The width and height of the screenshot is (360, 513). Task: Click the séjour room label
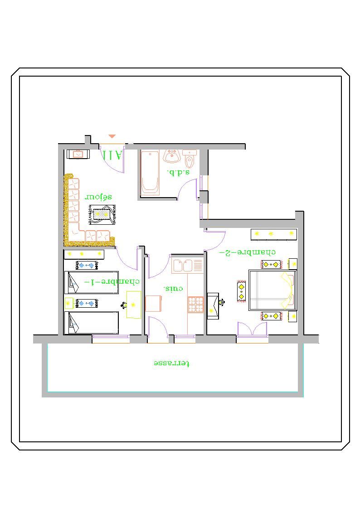[x=98, y=197]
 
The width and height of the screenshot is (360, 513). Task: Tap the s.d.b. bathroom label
[x=178, y=172]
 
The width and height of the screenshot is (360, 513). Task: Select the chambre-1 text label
[x=112, y=282]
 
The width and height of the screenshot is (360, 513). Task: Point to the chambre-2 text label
[x=247, y=252]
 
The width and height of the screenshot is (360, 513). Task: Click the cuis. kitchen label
[x=173, y=289]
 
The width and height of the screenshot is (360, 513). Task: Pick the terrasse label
[x=171, y=363]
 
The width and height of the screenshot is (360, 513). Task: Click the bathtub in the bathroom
[x=150, y=173]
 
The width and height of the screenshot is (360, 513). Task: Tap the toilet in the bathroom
[x=190, y=158]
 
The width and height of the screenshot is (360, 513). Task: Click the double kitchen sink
[x=183, y=265]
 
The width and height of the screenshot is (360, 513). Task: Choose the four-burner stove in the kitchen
[x=195, y=304]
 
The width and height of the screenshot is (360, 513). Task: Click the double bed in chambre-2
[x=272, y=290]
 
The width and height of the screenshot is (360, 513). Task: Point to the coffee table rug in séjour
[x=102, y=214]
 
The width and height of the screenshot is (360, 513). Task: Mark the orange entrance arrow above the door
[x=112, y=136]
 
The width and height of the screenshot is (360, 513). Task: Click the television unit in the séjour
[x=78, y=154]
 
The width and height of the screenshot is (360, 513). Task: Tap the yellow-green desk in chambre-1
[x=134, y=305]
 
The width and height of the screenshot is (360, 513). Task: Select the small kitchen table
[x=154, y=304]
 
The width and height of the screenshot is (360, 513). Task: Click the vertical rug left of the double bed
[x=241, y=291]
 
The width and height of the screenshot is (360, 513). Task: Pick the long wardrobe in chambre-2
[x=273, y=235]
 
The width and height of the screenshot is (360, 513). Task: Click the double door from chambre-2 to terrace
[x=252, y=329]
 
